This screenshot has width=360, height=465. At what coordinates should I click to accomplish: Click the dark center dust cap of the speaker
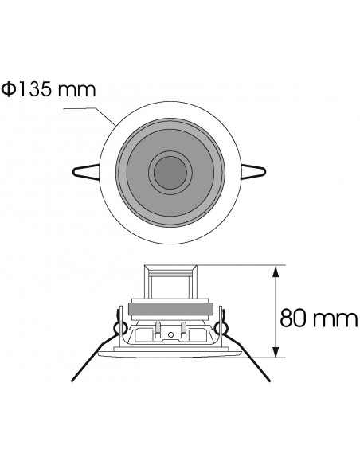pyautogui.click(x=167, y=170)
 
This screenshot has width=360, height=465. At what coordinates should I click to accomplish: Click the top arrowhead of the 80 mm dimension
pyautogui.click(x=276, y=272)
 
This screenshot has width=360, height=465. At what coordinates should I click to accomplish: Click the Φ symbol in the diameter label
pyautogui.click(x=9, y=89)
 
